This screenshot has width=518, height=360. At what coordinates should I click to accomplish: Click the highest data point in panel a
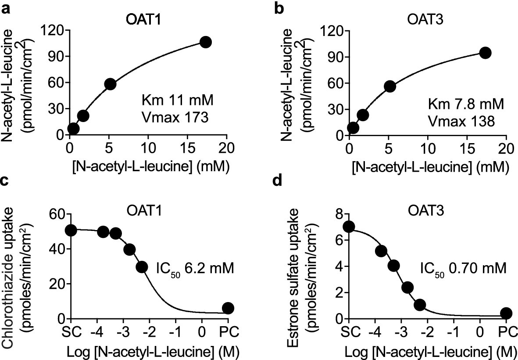pos(205,42)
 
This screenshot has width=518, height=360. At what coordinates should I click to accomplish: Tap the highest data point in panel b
pos(485,53)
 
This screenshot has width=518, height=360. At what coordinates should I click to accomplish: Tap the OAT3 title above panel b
pos(422,21)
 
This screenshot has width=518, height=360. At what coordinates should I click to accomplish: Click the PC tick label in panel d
pos(506,331)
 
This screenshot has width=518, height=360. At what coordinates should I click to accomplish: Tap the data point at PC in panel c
pos(228,308)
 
